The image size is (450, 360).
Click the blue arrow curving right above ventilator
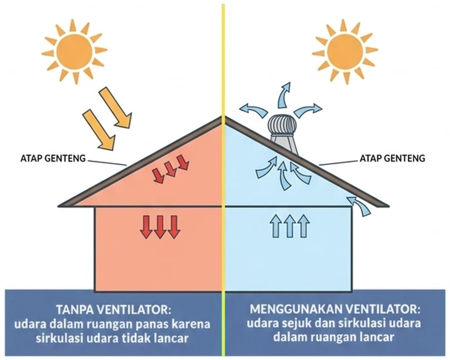click(x=308, y=109)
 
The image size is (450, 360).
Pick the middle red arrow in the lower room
click(x=159, y=226)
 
